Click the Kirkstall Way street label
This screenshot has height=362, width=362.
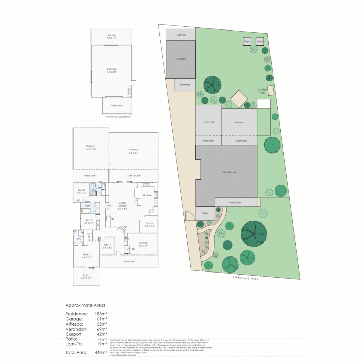(246, 278)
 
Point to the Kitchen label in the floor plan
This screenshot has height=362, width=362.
(147, 195)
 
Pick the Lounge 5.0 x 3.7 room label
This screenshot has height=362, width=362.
(143, 244)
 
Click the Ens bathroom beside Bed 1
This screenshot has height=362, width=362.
(79, 239)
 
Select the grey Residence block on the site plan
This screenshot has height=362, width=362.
(230, 172)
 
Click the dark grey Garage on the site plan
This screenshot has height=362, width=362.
(181, 59)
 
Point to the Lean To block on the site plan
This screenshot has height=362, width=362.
(181, 35)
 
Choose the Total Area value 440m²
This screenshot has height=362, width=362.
(101, 352)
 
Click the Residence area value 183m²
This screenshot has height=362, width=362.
(101, 314)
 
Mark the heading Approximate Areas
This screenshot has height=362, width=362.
(85, 305)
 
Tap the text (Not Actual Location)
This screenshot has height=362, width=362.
(117, 117)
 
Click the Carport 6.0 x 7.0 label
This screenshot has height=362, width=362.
(90, 147)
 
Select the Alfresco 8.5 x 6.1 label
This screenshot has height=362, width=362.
(134, 151)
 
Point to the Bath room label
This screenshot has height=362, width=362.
(87, 206)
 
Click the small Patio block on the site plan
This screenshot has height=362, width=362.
(205, 213)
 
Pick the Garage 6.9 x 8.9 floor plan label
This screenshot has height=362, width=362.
(112, 70)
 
